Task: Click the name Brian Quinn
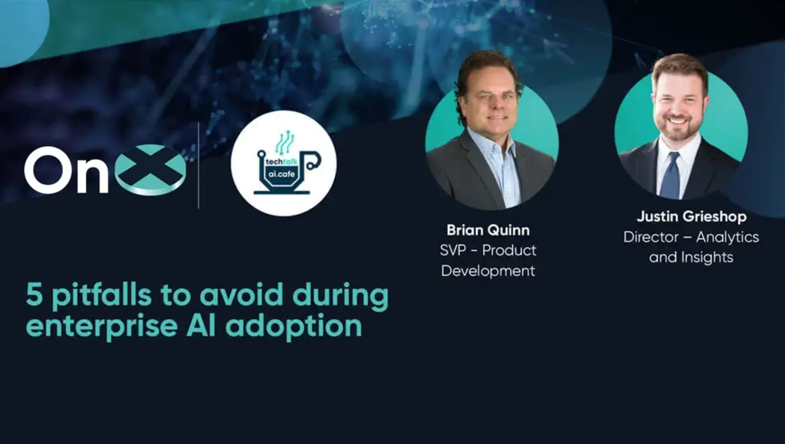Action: (x=488, y=230)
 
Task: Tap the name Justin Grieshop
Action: (x=691, y=217)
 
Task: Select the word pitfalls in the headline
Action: (x=101, y=295)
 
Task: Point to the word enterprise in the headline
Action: (x=102, y=326)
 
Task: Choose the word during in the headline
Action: (x=340, y=296)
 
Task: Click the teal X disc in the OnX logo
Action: (x=151, y=169)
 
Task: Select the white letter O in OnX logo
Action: (x=48, y=169)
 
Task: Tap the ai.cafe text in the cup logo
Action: (x=280, y=175)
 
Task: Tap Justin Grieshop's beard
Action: (x=679, y=131)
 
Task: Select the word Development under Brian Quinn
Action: (x=488, y=271)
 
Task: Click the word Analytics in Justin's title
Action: (x=728, y=237)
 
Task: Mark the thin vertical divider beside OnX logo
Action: (x=199, y=165)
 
